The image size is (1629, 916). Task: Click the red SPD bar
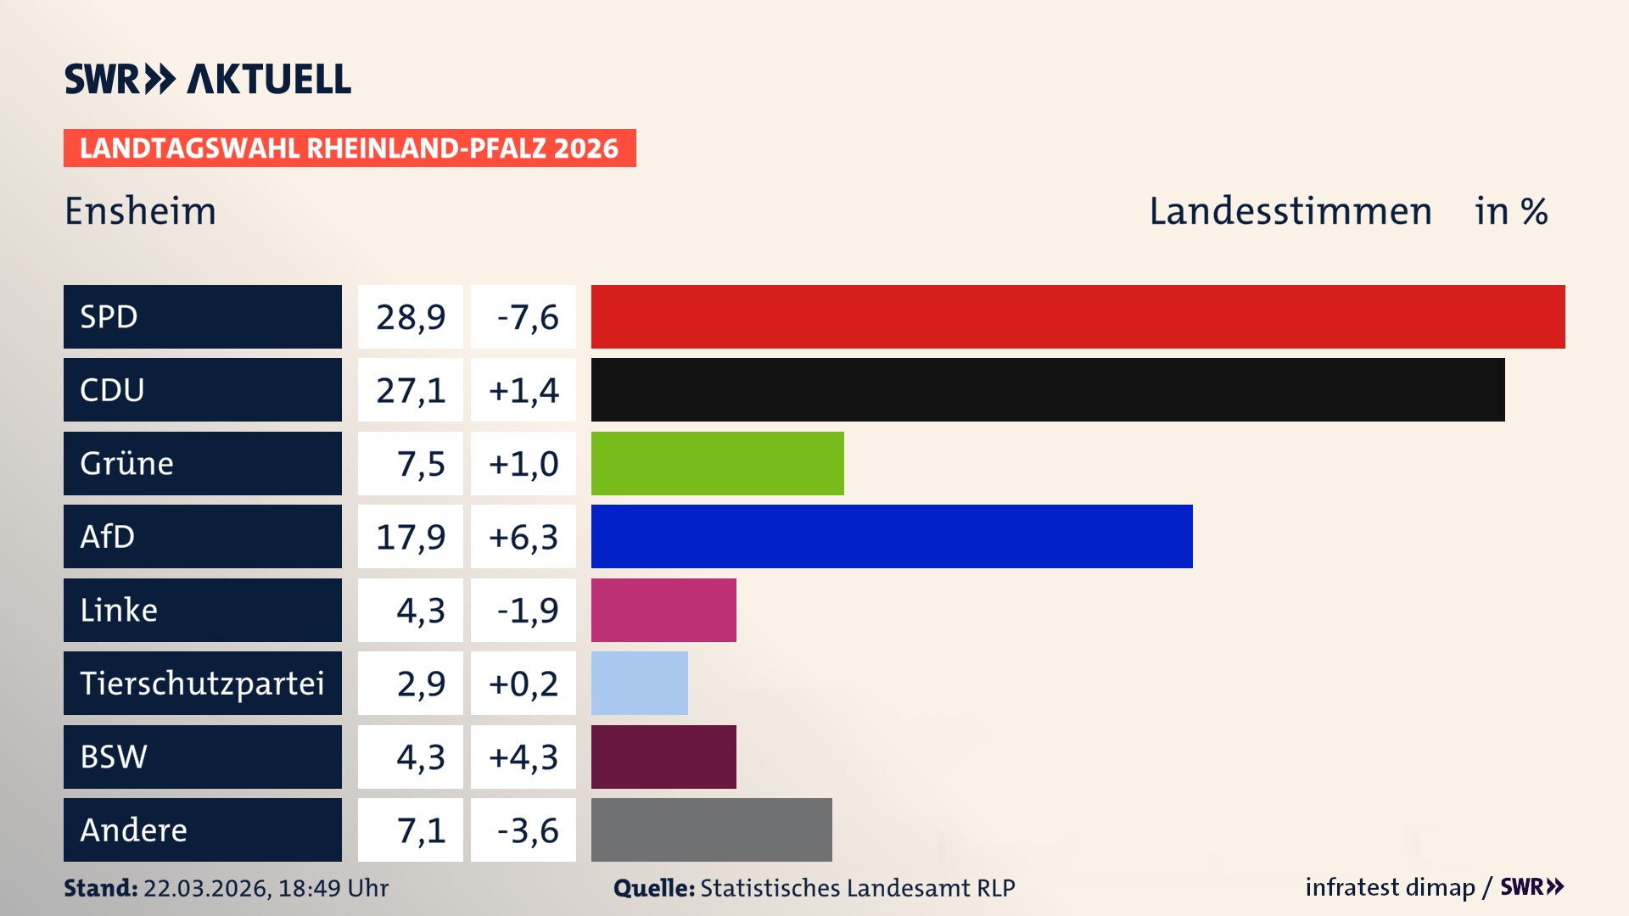pyautogui.click(x=1078, y=316)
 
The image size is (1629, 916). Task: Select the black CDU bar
pyautogui.click(x=1048, y=389)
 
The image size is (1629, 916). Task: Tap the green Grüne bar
pyautogui.click(x=717, y=463)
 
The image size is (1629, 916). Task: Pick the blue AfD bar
pyautogui.click(x=891, y=536)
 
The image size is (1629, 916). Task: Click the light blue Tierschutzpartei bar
pyautogui.click(x=639, y=683)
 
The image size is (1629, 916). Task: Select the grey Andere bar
pyautogui.click(x=711, y=829)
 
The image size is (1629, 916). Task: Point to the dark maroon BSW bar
pyautogui.click(x=663, y=757)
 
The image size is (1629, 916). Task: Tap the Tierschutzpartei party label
pyautogui.click(x=202, y=683)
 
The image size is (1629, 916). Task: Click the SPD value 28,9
pyautogui.click(x=411, y=317)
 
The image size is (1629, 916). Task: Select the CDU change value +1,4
pyautogui.click(x=523, y=390)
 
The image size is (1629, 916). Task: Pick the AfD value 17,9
pyautogui.click(x=411, y=537)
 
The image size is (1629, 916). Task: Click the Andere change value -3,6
pyautogui.click(x=527, y=830)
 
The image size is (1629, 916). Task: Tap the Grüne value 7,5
pyautogui.click(x=420, y=464)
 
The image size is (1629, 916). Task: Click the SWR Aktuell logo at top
pyautogui.click(x=208, y=79)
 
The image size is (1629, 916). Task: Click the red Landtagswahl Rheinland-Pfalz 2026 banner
pyautogui.click(x=350, y=148)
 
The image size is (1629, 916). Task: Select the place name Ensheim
pyautogui.click(x=141, y=211)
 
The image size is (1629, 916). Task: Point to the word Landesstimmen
pyautogui.click(x=1290, y=211)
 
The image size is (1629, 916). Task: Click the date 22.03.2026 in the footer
pyautogui.click(x=206, y=888)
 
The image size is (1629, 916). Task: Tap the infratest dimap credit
pyautogui.click(x=1390, y=887)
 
